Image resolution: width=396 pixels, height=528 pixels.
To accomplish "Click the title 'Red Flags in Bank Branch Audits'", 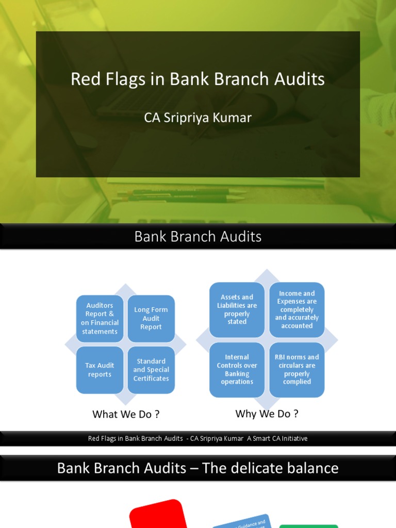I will pyautogui.click(x=197, y=79).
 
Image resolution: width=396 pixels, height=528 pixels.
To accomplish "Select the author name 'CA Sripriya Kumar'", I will pyautogui.click(x=197, y=118).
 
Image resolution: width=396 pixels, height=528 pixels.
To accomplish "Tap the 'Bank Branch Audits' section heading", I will pyautogui.click(x=197, y=237).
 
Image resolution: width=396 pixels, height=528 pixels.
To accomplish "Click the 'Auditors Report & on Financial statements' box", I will pyautogui.click(x=100, y=319).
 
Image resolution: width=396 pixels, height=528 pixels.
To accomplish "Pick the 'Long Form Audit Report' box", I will pyautogui.click(x=151, y=319).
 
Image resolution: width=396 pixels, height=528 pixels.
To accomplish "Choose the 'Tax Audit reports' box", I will pyautogui.click(x=100, y=370).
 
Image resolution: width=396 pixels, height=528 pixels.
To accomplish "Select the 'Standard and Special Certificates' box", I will pyautogui.click(x=151, y=370).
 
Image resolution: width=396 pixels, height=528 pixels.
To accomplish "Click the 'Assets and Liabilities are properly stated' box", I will pyautogui.click(x=237, y=309).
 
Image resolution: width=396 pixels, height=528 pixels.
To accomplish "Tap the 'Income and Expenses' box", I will pyautogui.click(x=297, y=309).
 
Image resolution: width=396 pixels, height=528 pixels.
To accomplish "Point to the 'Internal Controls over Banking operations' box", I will pyautogui.click(x=237, y=369).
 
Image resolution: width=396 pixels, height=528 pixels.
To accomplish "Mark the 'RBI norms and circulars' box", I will pyautogui.click(x=297, y=369).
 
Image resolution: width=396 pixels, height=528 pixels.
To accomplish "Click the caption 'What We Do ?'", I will pyautogui.click(x=126, y=414).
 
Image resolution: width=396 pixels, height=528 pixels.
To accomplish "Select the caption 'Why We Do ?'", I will pyautogui.click(x=267, y=414).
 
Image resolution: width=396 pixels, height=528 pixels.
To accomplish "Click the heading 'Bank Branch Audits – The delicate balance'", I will pyautogui.click(x=197, y=468).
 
